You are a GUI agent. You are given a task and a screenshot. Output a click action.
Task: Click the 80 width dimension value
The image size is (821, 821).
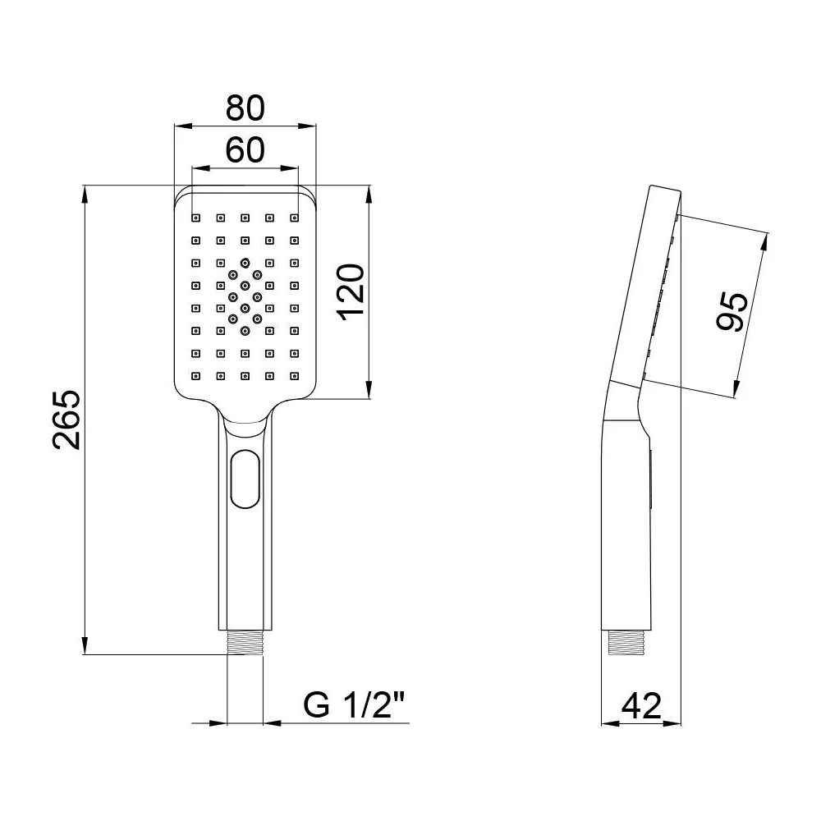pos(245,108)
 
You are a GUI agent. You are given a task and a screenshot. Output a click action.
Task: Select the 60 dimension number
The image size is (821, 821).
pos(245,149)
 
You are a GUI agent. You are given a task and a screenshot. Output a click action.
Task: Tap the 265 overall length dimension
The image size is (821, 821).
pos(67,420)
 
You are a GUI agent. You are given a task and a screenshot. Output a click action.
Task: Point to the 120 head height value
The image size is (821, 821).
pos(351,292)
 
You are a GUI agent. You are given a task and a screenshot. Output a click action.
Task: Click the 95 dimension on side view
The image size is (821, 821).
pos(732,311)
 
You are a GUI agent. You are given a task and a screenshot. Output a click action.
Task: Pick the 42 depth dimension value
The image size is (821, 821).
pos(641,706)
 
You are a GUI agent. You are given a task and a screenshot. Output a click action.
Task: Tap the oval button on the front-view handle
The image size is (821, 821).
pos(245,479)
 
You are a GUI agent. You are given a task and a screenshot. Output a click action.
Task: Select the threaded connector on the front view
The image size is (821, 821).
pos(245,642)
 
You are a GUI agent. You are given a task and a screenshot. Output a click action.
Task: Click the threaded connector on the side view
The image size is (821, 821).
pos(625,643)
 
